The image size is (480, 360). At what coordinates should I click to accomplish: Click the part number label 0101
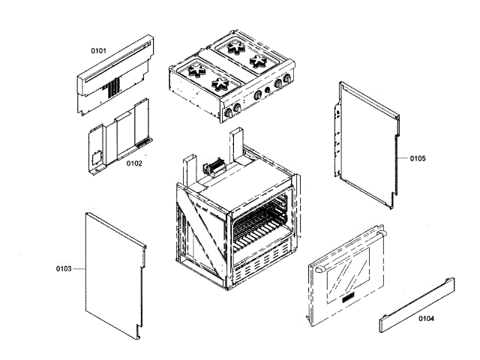pyautogui.click(x=98, y=51)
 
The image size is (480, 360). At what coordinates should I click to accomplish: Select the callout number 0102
pyautogui.click(x=134, y=163)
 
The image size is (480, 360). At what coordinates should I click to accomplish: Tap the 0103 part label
pyautogui.click(x=63, y=268)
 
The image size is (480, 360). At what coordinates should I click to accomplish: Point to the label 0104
pyautogui.click(x=426, y=319)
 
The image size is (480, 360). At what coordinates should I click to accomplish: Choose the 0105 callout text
pyautogui.click(x=418, y=158)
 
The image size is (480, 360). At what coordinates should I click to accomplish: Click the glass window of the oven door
pyautogui.click(x=347, y=268)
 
